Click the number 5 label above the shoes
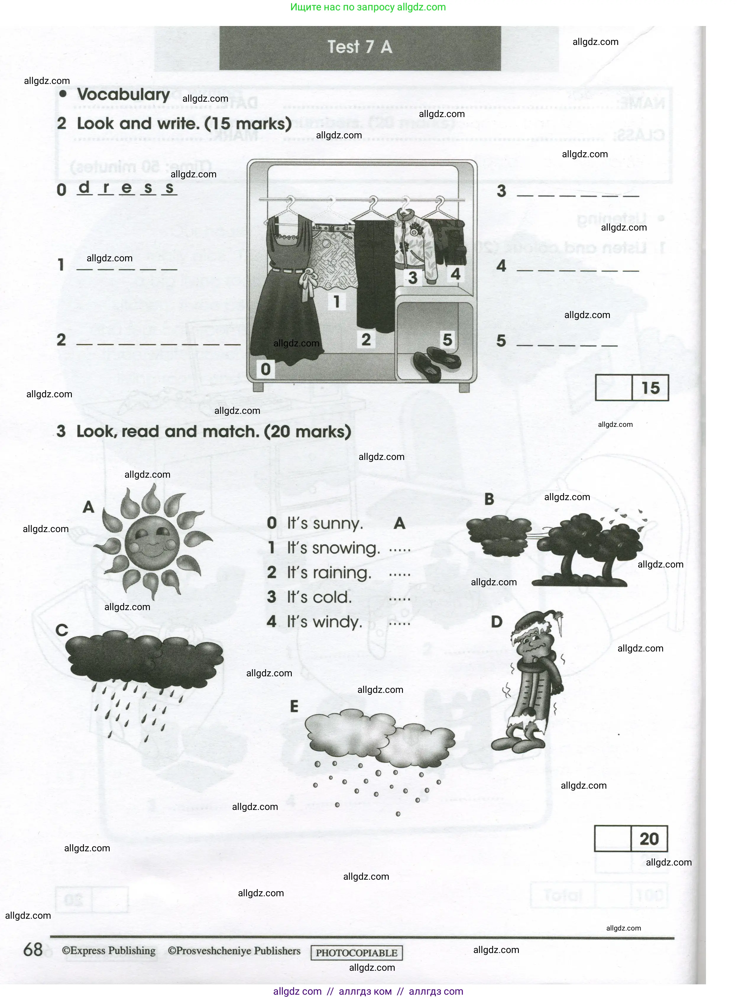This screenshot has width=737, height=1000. click(447, 340)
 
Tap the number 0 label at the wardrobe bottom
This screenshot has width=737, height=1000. click(265, 369)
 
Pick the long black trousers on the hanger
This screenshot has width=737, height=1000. click(374, 272)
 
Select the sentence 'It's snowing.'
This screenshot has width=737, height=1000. click(333, 548)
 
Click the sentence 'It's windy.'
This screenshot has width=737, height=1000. click(324, 622)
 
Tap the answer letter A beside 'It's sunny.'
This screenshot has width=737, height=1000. click(399, 523)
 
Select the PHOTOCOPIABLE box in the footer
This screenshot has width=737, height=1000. click(357, 953)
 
